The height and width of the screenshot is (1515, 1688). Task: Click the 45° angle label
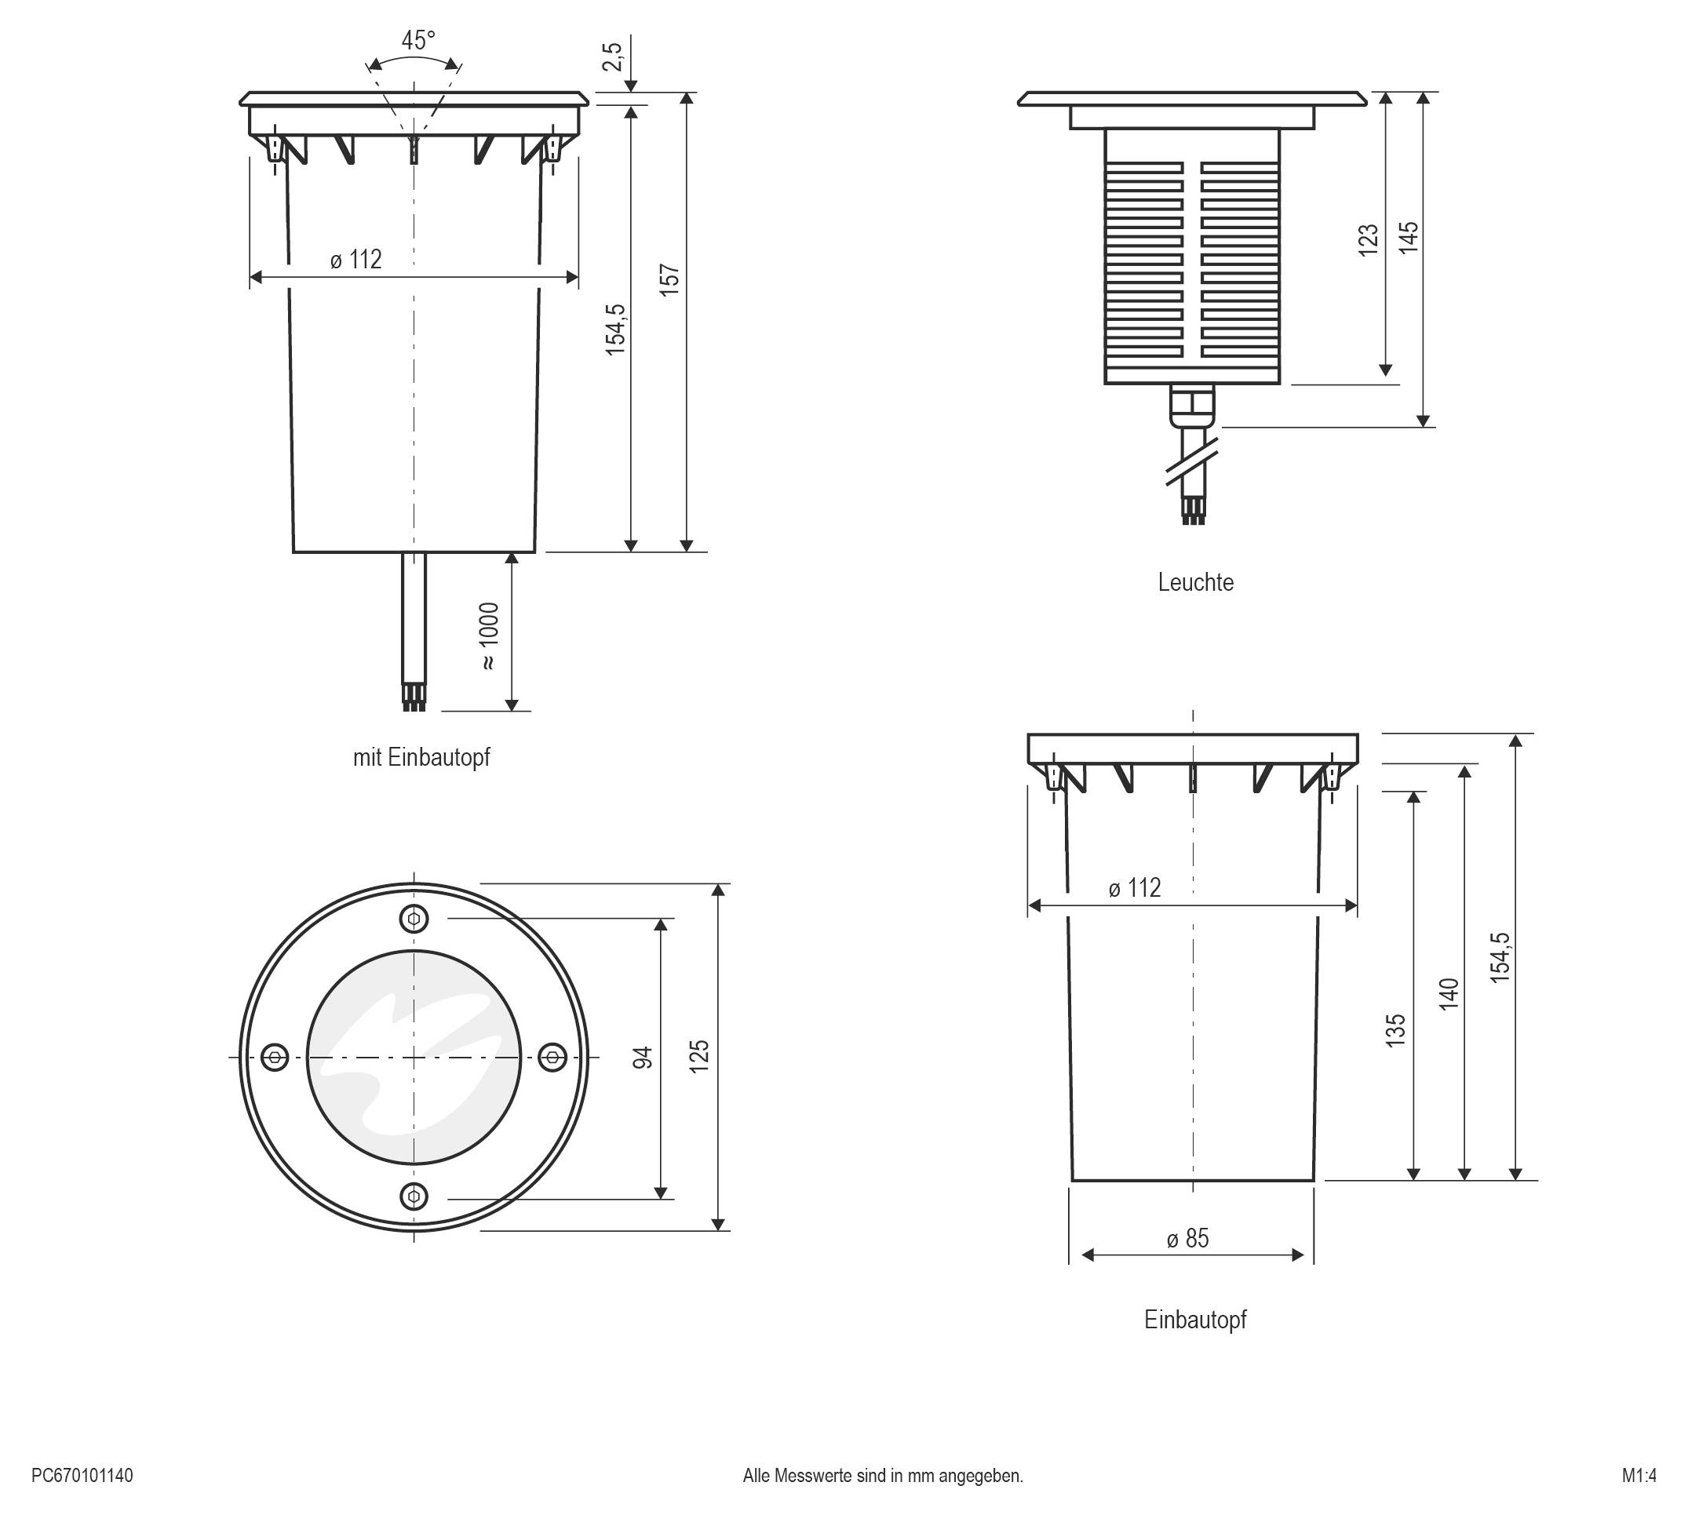[418, 40]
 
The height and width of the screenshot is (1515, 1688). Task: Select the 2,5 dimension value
[612, 56]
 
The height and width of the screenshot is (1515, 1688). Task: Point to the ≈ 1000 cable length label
[489, 636]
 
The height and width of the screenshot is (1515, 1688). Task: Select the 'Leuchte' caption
[1195, 582]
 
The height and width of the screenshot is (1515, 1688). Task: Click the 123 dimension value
[1369, 240]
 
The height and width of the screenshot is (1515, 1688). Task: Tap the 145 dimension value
[1408, 237]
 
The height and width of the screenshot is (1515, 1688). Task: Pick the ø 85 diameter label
[1188, 1239]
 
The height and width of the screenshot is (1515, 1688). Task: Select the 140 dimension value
[1449, 994]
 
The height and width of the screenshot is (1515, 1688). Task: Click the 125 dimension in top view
[699, 1055]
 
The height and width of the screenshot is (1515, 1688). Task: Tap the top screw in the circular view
[414, 920]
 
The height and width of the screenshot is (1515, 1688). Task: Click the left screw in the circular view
[275, 1058]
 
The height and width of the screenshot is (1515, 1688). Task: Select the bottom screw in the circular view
[414, 1197]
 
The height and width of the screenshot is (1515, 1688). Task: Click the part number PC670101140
[82, 1476]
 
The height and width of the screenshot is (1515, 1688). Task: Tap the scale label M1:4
[1639, 1476]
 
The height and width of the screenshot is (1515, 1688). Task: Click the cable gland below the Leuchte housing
[1192, 406]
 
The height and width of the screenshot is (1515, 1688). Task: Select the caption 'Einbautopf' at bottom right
[1195, 1320]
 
